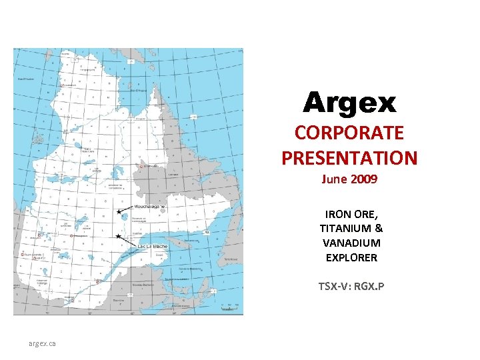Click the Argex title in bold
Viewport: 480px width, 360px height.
[x=349, y=103]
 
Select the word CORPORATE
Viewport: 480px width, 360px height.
[x=349, y=133]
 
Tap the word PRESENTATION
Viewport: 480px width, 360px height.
[x=349, y=158]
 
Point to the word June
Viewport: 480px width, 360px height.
[x=334, y=179]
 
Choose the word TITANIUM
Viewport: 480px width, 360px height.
[x=345, y=229]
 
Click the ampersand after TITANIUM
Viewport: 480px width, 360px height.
[x=378, y=229]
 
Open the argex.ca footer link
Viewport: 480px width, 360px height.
[x=42, y=343]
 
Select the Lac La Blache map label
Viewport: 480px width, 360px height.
[x=153, y=246]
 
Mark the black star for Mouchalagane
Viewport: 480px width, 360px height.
[x=119, y=212]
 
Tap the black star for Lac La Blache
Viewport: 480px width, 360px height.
[x=118, y=236]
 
